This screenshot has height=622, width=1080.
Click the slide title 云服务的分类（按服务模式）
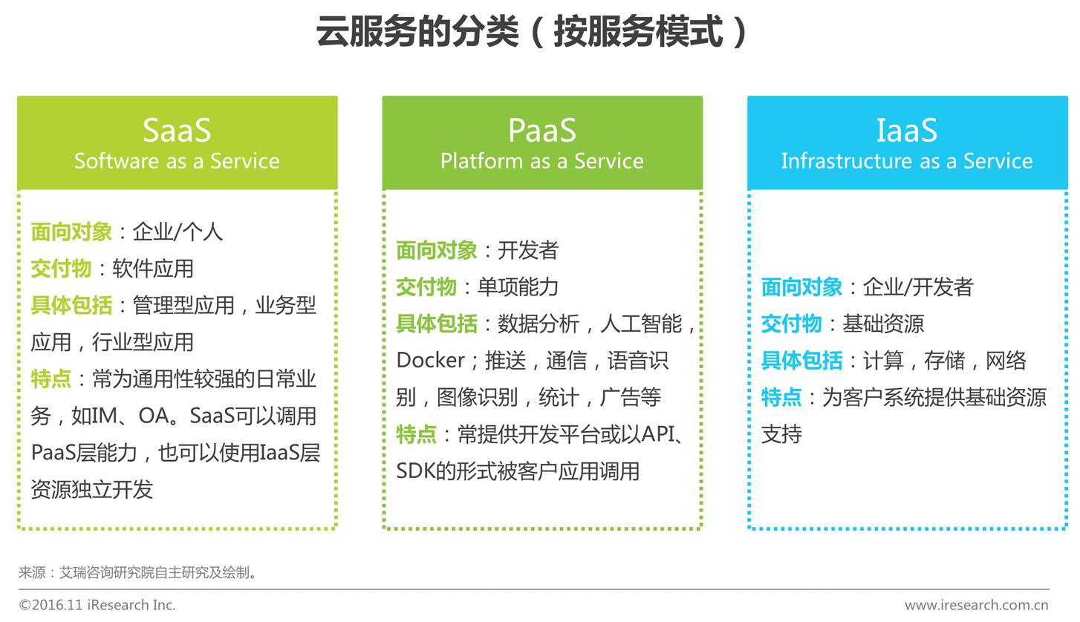click(x=533, y=33)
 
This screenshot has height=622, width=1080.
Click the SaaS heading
click(x=177, y=130)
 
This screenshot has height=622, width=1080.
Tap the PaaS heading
click(x=541, y=130)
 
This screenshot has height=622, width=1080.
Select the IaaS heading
click(x=907, y=130)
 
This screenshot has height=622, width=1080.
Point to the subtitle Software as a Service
click(x=177, y=161)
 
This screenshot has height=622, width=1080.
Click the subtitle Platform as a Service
click(x=541, y=161)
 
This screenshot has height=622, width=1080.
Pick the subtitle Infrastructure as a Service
click(x=907, y=161)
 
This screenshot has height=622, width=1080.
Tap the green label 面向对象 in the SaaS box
click(x=71, y=232)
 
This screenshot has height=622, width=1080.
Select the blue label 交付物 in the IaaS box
click(x=791, y=324)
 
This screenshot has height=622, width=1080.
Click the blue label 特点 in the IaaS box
click(x=781, y=398)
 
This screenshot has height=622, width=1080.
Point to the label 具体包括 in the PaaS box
click(x=437, y=324)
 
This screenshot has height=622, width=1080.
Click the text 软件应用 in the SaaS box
click(x=153, y=269)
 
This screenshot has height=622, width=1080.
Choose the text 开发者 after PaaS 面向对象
click(x=528, y=251)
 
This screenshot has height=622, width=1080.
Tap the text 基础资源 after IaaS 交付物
click(x=883, y=324)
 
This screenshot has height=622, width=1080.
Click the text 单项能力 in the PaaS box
click(x=518, y=287)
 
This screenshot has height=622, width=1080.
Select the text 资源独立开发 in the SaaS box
click(x=92, y=490)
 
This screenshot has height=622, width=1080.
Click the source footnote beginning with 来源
click(x=138, y=572)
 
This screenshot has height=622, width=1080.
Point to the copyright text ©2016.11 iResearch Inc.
click(x=97, y=605)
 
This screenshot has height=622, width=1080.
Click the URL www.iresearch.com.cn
click(x=977, y=605)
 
